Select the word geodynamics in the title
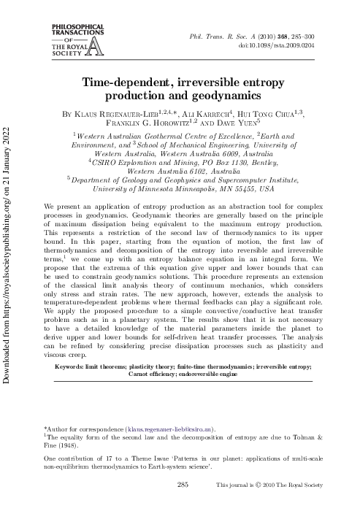pos(227,96)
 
